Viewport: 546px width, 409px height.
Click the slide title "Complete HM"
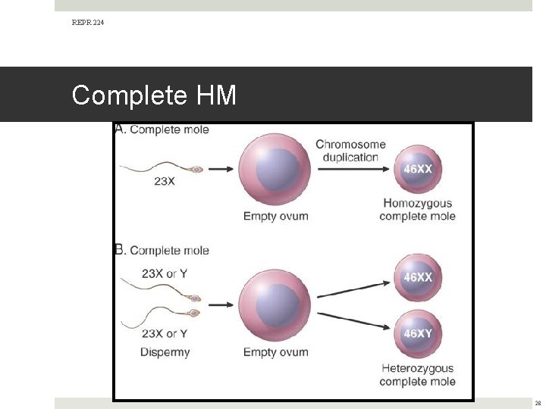tap(154, 95)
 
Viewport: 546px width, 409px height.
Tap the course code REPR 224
tap(88, 23)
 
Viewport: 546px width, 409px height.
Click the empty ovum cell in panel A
tap(274, 169)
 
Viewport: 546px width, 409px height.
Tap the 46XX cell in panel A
tap(417, 169)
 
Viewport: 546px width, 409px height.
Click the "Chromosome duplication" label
tap(350, 151)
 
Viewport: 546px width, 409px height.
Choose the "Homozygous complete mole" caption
tap(417, 209)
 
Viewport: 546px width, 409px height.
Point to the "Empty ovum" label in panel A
tap(275, 216)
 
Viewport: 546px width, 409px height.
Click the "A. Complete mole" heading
tap(162, 130)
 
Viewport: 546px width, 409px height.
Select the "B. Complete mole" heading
tap(162, 251)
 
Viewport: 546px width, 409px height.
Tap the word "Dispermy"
tap(165, 351)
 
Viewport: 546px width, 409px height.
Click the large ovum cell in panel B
tap(274, 305)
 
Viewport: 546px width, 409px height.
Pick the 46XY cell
tap(418, 333)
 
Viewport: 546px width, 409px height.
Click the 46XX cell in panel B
tap(418, 277)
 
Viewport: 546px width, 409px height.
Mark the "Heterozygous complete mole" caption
tap(418, 374)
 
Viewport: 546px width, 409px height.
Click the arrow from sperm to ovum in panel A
tap(221, 169)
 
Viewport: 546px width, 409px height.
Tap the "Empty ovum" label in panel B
tap(275, 351)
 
